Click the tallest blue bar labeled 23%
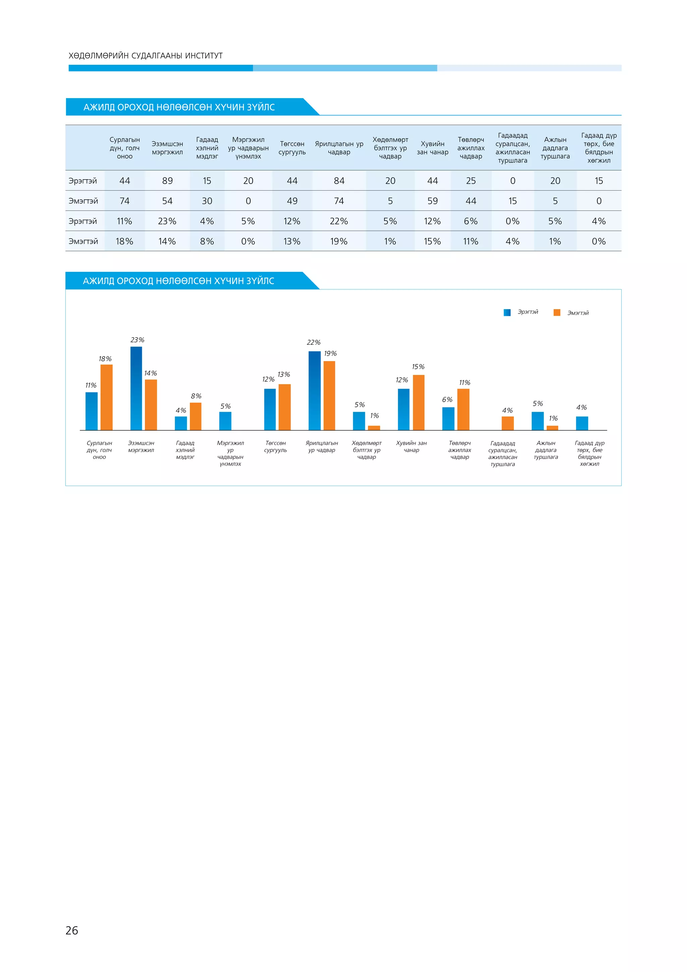tap(136, 388)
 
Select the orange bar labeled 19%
tap(329, 395)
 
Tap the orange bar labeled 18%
tap(107, 397)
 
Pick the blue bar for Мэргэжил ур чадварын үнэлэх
tap(225, 421)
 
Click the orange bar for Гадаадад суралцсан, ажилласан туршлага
tap(508, 423)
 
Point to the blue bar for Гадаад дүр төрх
tap(582, 423)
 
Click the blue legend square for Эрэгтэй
tap(507, 312)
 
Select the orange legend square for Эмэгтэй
tap(557, 312)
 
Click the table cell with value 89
tap(167, 181)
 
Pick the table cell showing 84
tap(339, 181)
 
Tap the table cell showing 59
tap(432, 201)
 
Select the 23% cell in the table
tap(167, 221)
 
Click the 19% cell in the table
tap(339, 241)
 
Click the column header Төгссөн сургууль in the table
tap(292, 148)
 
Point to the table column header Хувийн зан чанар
tap(432, 148)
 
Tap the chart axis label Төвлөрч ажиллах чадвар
tap(460, 450)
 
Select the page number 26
tap(72, 930)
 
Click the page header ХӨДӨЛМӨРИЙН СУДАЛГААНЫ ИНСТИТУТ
tap(146, 55)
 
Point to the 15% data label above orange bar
tap(418, 367)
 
